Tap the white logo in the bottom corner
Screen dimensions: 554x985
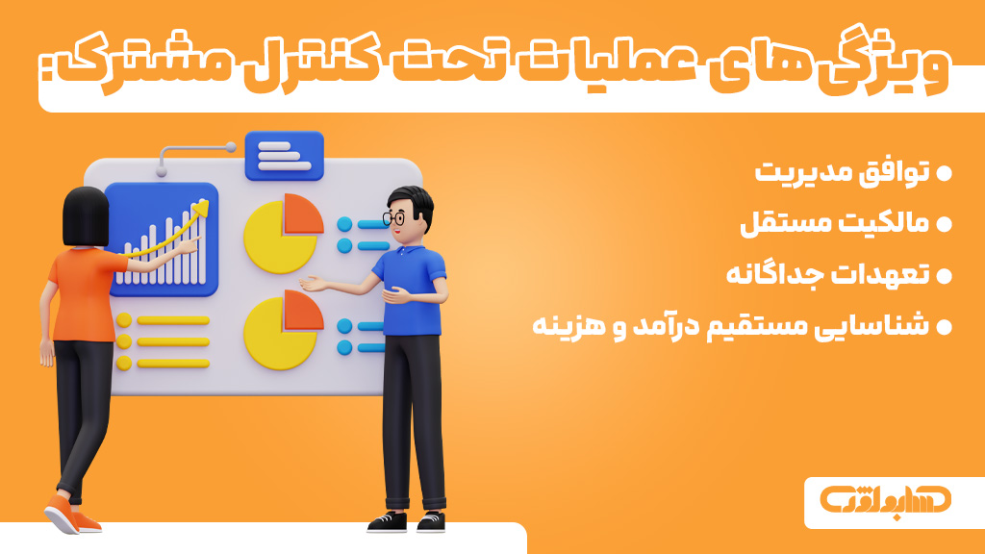885,501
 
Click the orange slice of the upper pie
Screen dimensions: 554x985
303,214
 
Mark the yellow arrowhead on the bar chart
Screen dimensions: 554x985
202,206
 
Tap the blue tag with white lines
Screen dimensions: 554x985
285,156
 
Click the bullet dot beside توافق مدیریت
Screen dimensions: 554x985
944,174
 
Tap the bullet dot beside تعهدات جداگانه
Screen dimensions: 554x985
944,275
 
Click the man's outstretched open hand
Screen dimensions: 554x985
316,284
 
